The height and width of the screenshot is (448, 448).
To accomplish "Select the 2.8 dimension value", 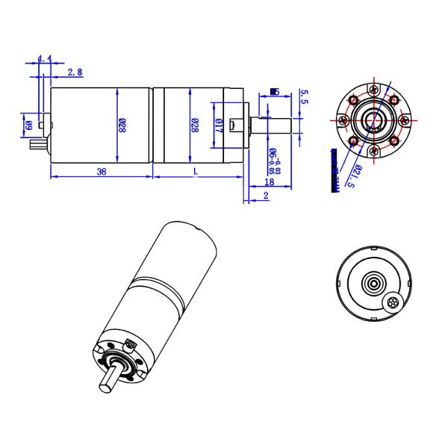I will point(75,72).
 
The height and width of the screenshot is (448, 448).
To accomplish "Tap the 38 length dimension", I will point(101,172).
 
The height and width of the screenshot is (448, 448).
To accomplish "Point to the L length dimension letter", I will point(196,172).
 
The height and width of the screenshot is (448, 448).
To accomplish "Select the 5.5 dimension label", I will point(304,95).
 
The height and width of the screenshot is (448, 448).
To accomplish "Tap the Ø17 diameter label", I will point(219,125).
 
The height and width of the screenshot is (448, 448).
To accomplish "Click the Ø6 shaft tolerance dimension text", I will point(274,159).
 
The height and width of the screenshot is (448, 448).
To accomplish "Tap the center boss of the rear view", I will point(373,284).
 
